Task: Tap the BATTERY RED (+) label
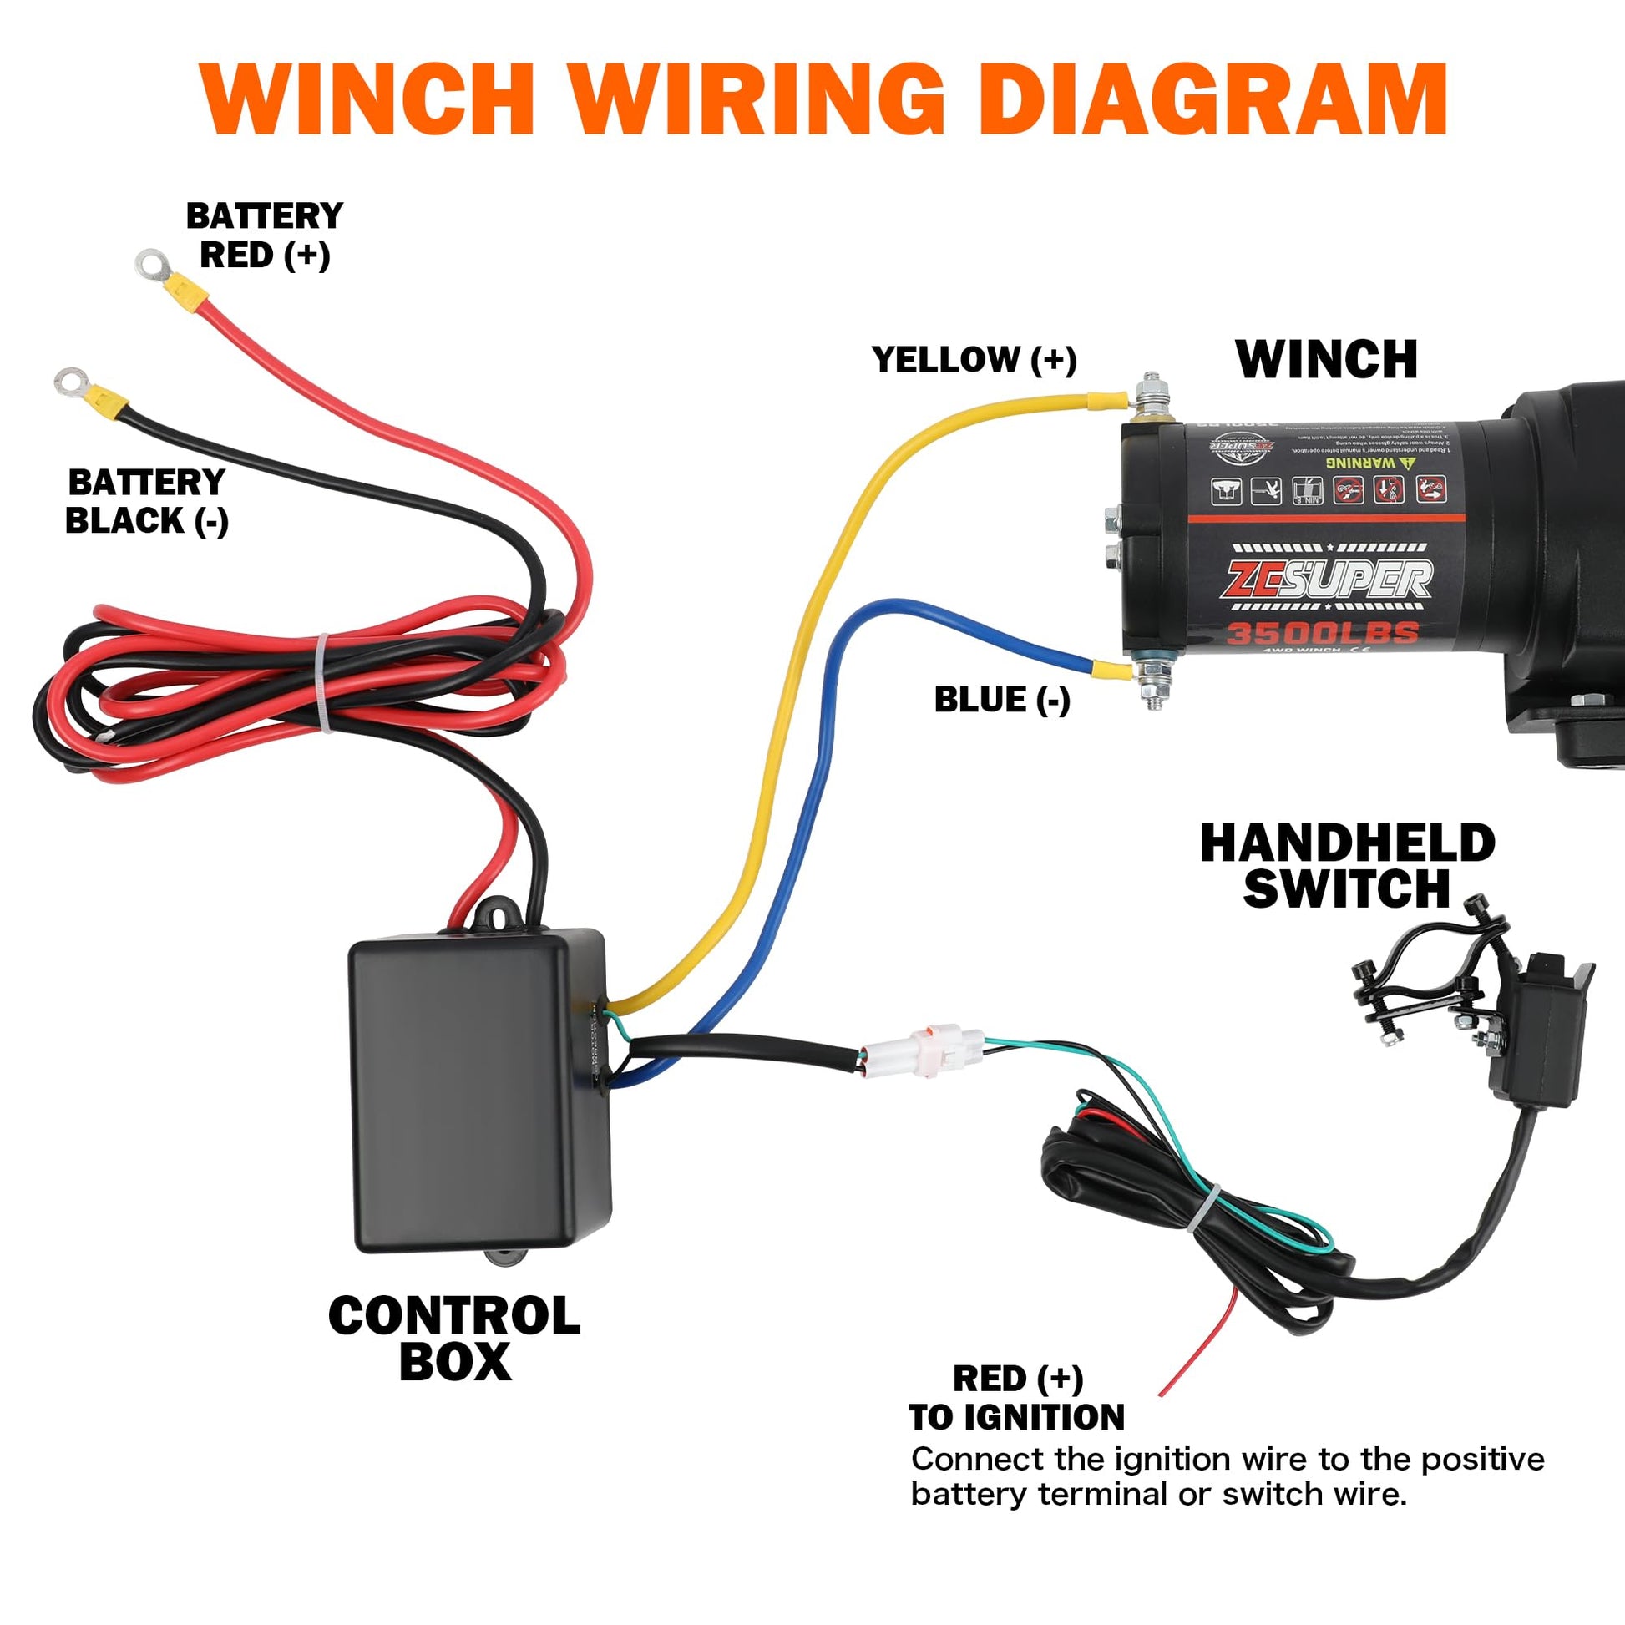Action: point(264,235)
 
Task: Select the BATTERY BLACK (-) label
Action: point(146,501)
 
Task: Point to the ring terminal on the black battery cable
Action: point(70,380)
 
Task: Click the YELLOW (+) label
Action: point(973,360)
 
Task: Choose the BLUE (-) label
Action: point(1002,700)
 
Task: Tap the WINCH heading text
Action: point(1326,360)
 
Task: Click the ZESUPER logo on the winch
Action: point(1328,580)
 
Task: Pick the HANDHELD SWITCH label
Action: point(1347,866)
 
